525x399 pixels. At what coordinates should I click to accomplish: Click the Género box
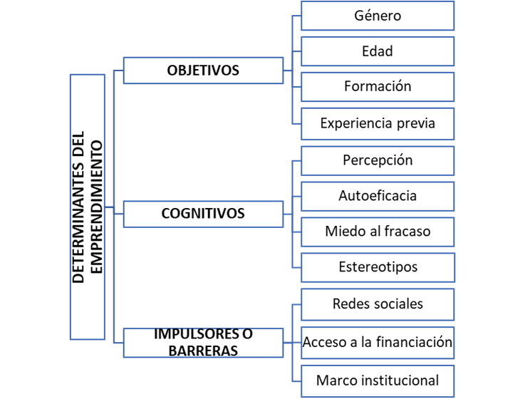tap(378, 16)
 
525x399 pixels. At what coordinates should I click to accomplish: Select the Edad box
tap(378, 51)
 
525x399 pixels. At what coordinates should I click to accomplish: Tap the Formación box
tap(378, 86)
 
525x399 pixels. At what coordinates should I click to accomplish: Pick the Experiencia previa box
tap(378, 123)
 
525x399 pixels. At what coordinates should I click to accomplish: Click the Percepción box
tap(378, 160)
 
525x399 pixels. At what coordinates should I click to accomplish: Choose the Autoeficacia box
tap(378, 196)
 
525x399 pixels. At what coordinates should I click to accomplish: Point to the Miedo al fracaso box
tap(378, 232)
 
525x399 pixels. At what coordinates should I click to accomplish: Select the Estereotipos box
tap(378, 267)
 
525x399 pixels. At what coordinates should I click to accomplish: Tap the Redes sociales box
tap(378, 304)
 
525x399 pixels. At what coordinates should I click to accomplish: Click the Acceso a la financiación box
tap(378, 342)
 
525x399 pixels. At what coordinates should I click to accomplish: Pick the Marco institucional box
tap(378, 380)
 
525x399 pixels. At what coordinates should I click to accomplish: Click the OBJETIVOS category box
tap(203, 71)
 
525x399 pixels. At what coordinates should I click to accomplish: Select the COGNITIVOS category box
tap(203, 213)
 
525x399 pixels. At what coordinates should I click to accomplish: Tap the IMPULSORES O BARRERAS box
tap(203, 342)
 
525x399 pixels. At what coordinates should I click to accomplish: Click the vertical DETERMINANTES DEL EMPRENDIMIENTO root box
tap(88, 207)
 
